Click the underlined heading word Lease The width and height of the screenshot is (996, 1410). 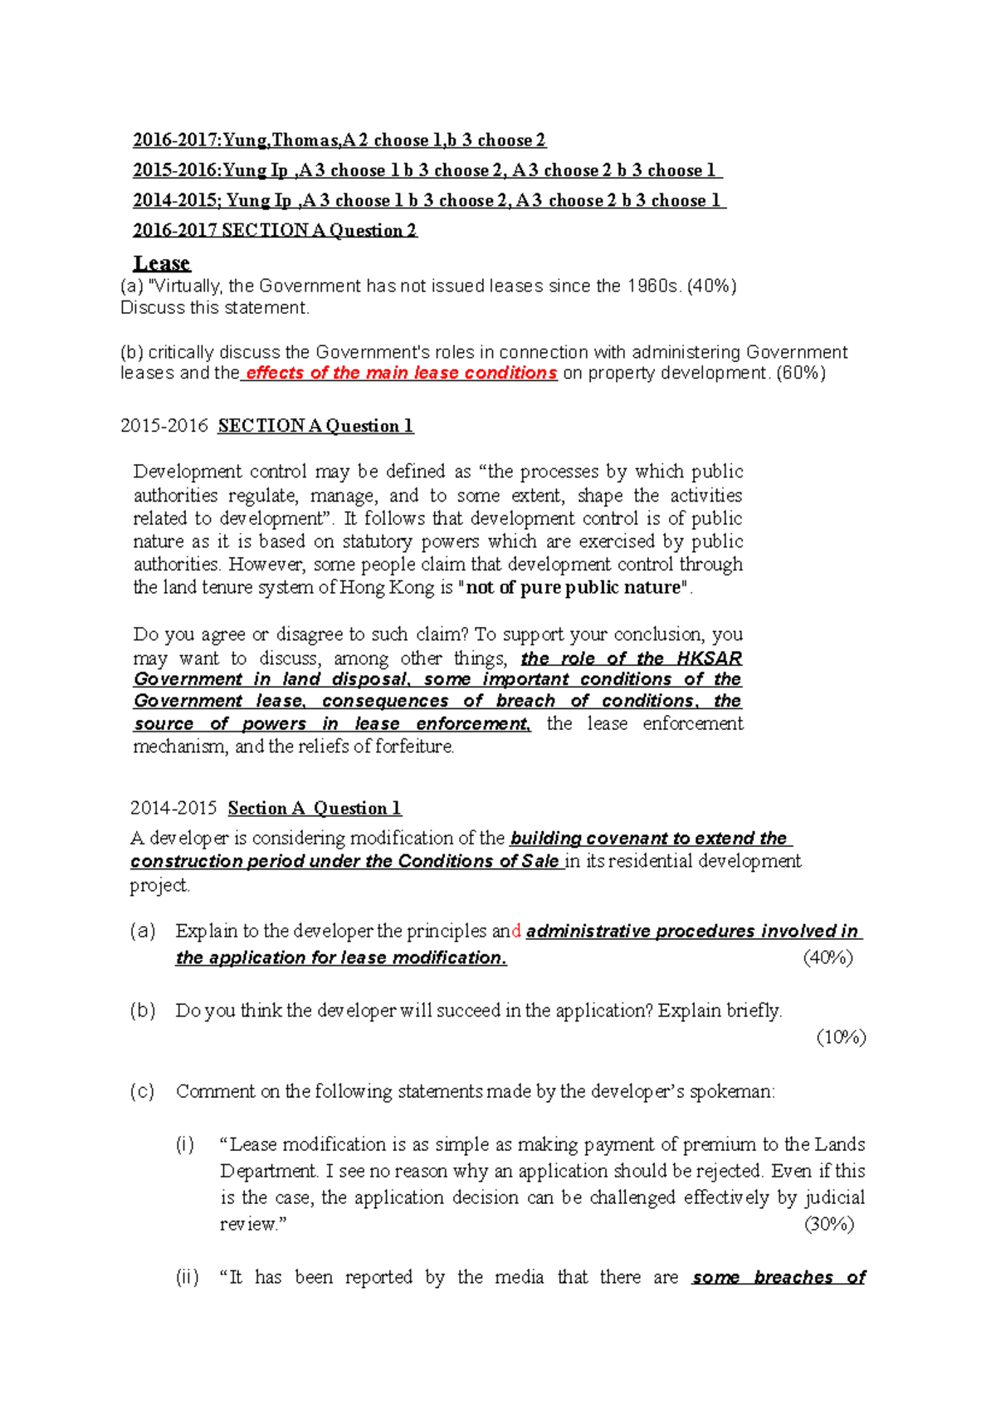tap(162, 263)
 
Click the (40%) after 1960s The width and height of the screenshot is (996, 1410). tap(711, 286)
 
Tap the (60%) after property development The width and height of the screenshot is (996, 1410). tap(800, 373)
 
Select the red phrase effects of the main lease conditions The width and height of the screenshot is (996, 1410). tap(401, 373)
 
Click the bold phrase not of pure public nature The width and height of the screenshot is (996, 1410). tap(574, 587)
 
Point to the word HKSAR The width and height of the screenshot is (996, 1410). tap(709, 658)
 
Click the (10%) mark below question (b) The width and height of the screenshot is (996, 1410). tap(841, 1037)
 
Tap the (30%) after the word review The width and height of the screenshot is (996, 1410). tap(829, 1224)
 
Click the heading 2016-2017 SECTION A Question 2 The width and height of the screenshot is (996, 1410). tap(275, 230)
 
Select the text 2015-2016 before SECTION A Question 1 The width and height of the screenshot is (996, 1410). tap(164, 426)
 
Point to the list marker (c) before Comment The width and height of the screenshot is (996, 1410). tap(143, 1091)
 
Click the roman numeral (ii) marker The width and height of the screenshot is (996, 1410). tap(187, 1277)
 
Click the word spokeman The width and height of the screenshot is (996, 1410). tap(731, 1091)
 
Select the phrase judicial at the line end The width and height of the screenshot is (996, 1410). tap(835, 1197)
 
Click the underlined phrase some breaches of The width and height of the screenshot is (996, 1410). tap(779, 1277)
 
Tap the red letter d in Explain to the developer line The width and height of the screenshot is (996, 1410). tap(517, 932)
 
